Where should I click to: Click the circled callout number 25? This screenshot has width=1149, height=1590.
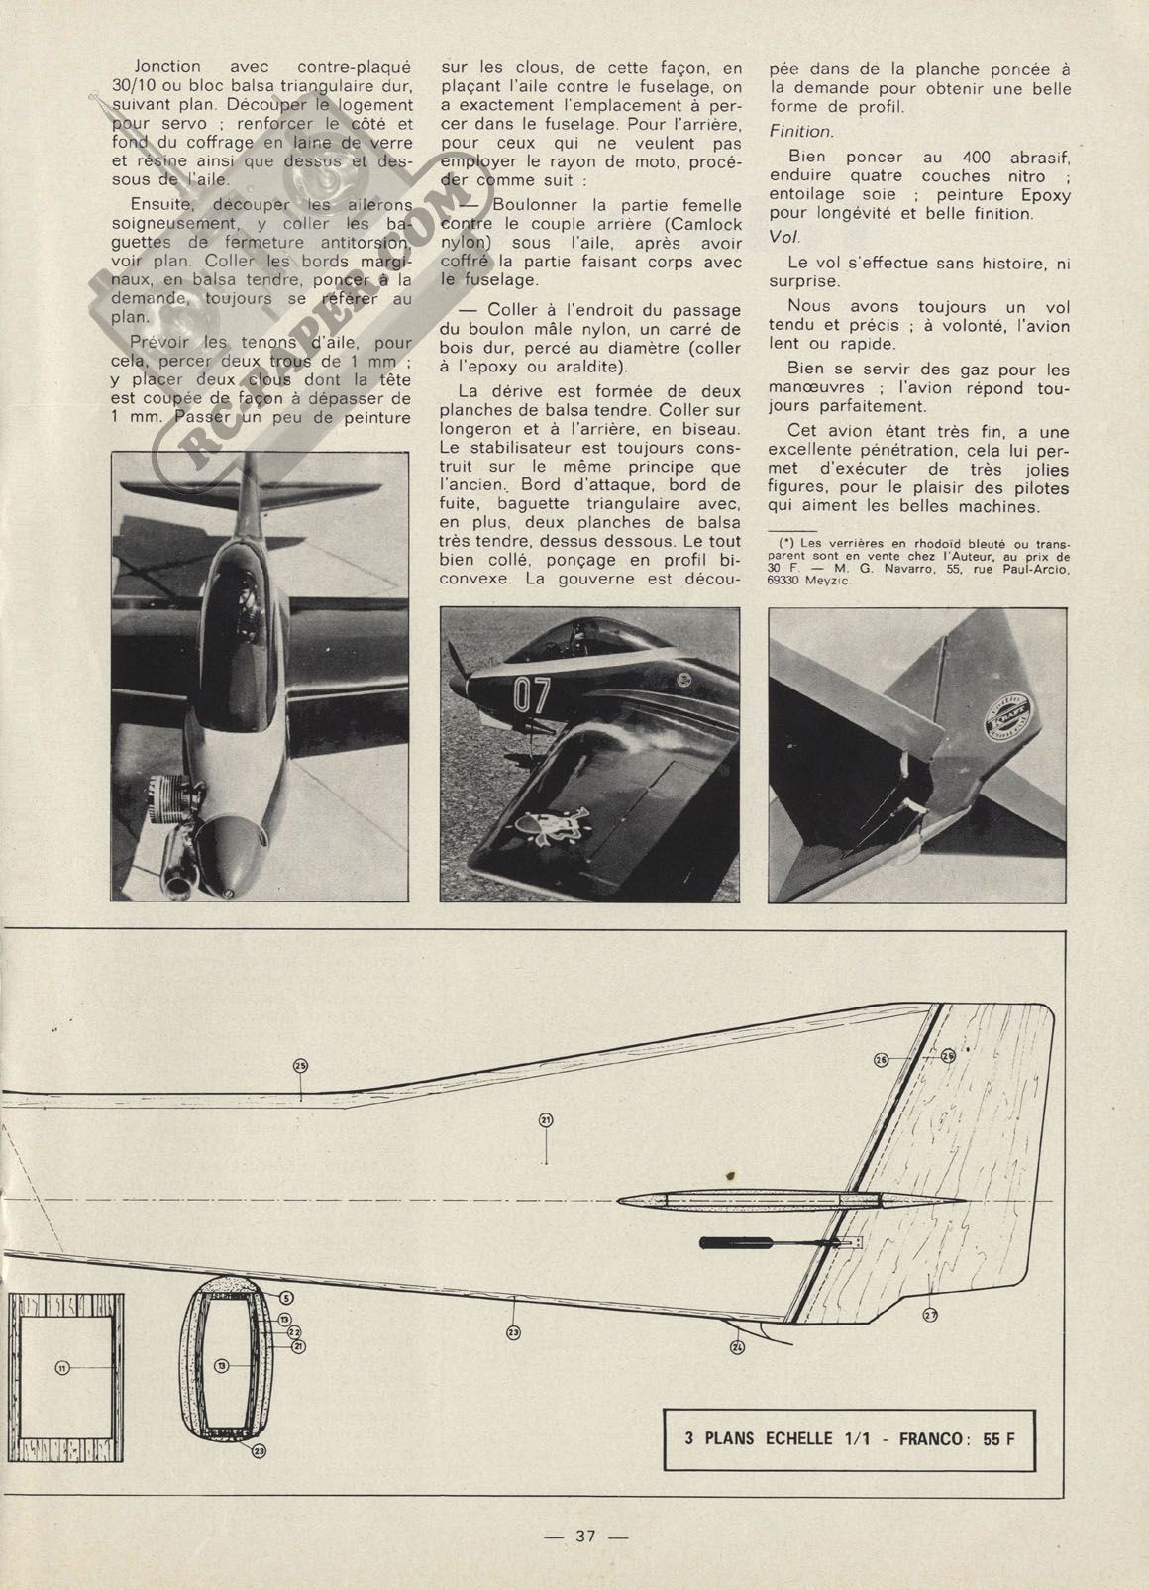point(301,1065)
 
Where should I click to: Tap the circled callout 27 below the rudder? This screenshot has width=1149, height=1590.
point(930,1314)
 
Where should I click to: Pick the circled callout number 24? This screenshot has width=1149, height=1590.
point(737,1346)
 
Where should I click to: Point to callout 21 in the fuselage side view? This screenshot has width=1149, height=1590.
point(546,1120)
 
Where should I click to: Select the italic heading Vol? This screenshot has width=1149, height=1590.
point(783,239)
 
